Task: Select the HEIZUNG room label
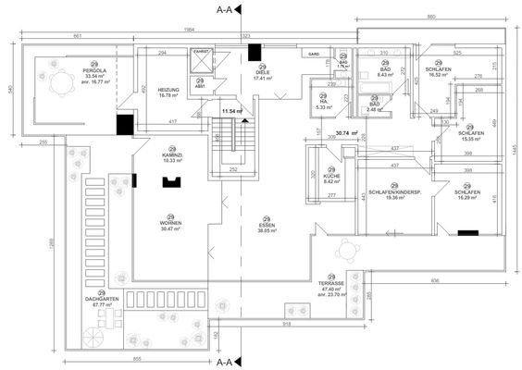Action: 168,90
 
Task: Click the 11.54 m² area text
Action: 230,111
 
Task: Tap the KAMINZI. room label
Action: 170,155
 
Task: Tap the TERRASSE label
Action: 330,285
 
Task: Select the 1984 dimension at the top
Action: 189,30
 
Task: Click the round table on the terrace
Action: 349,250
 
